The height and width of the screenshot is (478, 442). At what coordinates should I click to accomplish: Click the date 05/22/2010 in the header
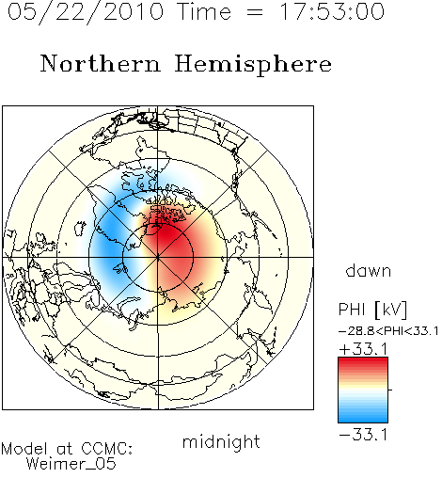86,12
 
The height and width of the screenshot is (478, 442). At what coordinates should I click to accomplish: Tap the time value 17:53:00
332,11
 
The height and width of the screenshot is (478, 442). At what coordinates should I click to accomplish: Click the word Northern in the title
101,63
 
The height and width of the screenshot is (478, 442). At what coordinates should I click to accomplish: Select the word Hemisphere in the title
253,65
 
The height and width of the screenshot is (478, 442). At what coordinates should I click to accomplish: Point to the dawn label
369,270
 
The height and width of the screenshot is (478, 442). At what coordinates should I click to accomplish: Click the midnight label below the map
221,441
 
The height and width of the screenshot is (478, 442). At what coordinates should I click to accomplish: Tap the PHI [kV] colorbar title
372,310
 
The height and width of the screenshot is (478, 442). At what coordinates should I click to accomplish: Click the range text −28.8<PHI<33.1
388,331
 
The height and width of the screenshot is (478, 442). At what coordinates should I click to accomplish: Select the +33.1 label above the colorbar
363,349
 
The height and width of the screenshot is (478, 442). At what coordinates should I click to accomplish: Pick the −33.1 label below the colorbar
363,435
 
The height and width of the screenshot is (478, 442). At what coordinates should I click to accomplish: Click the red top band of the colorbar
363,362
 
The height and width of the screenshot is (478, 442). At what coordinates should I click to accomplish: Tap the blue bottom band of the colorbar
363,418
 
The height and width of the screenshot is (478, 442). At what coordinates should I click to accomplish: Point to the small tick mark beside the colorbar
390,390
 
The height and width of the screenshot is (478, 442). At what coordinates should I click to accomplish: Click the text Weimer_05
71,464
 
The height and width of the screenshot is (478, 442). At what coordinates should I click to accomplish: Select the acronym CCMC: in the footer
106,449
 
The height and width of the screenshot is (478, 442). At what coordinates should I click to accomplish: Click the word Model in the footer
24,449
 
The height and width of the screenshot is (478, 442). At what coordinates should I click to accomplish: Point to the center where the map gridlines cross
158,257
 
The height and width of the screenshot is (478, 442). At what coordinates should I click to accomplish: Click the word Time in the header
204,12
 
